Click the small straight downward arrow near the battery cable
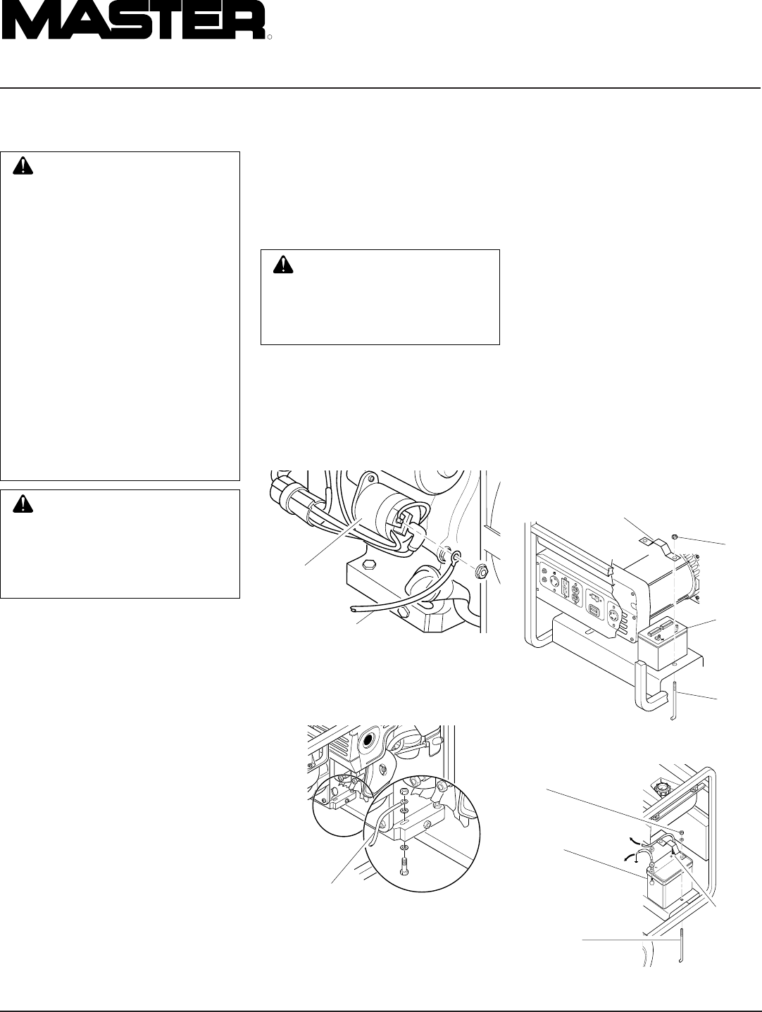coord(636,856)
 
